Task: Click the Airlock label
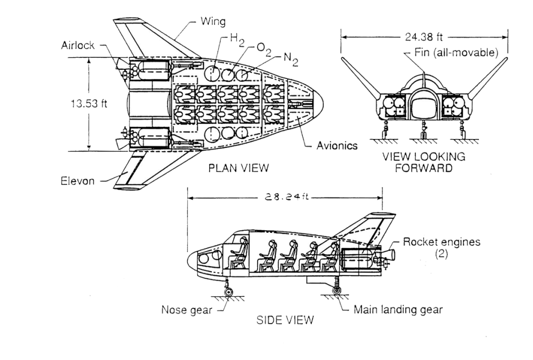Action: coord(78,45)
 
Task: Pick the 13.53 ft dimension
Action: coord(88,103)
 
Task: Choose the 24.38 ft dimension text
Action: coord(424,37)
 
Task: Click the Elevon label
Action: coord(78,181)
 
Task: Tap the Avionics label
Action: coord(337,145)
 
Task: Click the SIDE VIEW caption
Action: coord(285,320)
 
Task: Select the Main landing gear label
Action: coord(398,309)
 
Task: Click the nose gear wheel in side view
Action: coord(228,291)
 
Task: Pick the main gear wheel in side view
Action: coord(338,290)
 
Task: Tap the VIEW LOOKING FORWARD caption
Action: coord(424,163)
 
